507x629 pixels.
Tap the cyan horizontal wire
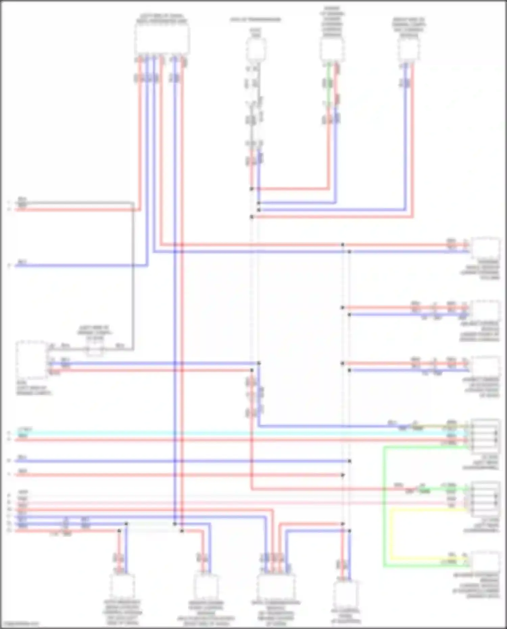click(237, 433)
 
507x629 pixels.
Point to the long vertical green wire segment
click(384, 507)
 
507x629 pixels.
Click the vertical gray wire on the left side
click(133, 277)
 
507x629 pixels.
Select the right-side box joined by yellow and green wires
click(485, 561)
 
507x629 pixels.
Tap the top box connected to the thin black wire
click(256, 49)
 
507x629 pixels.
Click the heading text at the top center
click(256, 20)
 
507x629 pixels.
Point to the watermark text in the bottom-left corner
click(20, 624)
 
